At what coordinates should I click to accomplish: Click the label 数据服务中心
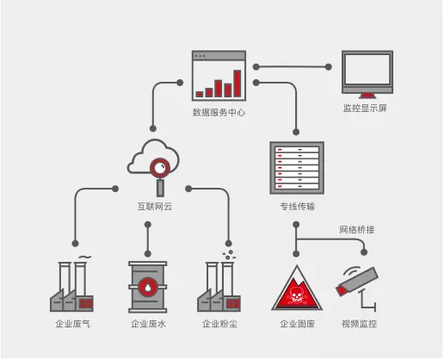point(219,112)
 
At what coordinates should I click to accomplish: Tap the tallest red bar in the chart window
point(237,84)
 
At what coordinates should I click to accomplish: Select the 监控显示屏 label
point(365,108)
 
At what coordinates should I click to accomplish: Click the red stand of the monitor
point(367,96)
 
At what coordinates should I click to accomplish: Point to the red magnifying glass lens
point(160,168)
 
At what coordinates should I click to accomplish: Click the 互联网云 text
point(155,206)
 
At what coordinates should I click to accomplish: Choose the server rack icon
point(297,168)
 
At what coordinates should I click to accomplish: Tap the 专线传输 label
point(298,206)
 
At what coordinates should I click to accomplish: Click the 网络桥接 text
point(357,230)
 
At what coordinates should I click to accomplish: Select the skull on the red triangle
point(297,295)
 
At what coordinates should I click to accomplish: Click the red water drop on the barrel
point(148,288)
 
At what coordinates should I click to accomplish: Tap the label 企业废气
point(73,324)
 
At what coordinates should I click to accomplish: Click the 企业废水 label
point(148,324)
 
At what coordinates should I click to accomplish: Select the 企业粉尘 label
point(219,324)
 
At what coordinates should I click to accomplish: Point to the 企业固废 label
point(297,324)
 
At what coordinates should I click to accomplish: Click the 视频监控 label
point(359,324)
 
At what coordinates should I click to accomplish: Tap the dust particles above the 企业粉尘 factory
point(229,255)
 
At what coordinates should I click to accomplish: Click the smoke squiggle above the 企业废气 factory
point(85,258)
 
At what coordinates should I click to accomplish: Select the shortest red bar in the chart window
point(200,94)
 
